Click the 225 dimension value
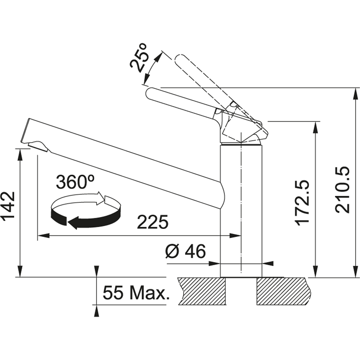[x=153, y=222]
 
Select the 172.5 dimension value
[x=302, y=199]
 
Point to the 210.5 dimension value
[x=342, y=190]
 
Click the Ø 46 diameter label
[x=185, y=251]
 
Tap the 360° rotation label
[x=75, y=182]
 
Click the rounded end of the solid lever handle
[x=150, y=94]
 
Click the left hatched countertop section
[x=202, y=291]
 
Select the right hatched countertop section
[x=284, y=291]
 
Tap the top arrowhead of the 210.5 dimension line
[x=356, y=94]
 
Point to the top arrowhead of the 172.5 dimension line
[x=316, y=128]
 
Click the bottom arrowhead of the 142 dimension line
[x=20, y=271]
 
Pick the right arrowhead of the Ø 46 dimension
[x=268, y=264]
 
